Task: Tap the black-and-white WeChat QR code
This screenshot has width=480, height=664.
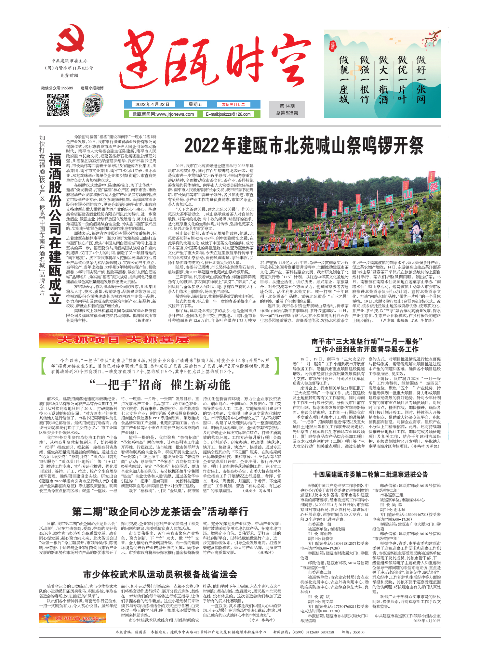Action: coord(58,105)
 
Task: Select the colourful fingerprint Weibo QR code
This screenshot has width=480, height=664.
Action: coord(92,105)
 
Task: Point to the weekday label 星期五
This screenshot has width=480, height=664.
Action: coord(195,105)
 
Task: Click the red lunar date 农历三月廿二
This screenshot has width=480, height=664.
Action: coord(233,105)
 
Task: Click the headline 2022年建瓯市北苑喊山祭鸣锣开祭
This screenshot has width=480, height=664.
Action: coord(304,146)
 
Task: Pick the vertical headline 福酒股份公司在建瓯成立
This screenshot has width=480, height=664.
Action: coord(55,229)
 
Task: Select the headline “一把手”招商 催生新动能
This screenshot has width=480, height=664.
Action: coord(159,385)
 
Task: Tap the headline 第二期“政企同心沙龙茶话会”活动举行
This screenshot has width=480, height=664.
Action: coord(160,511)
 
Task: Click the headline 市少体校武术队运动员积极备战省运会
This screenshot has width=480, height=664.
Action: coord(160,574)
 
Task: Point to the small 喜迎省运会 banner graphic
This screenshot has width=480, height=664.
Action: coord(72,618)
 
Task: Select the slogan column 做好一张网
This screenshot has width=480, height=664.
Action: coord(421,80)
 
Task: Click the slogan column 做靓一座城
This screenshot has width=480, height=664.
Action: coord(344,80)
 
